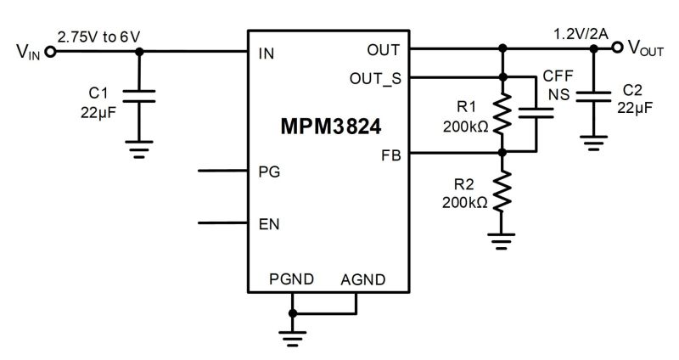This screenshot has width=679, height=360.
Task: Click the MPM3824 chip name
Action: [x=331, y=127]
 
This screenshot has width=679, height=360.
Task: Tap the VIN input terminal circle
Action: [x=51, y=52]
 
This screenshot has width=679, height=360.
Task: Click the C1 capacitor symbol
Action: [x=139, y=96]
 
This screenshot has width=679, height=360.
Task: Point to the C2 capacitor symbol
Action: [x=593, y=97]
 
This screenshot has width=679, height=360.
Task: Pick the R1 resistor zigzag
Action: [x=502, y=114]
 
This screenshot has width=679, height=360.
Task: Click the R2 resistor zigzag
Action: [x=502, y=191]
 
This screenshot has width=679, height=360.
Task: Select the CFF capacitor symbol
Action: [x=536, y=113]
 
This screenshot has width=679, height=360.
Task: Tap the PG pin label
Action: [x=269, y=172]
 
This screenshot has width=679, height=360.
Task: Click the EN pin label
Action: [x=269, y=224]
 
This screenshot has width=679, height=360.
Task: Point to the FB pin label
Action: [x=391, y=155]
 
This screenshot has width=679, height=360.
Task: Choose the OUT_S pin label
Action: [x=375, y=79]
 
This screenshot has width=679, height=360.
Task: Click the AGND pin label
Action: [x=363, y=280]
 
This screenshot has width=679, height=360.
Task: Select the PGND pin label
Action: [x=291, y=279]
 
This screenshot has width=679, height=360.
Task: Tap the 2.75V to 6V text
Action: [x=98, y=37]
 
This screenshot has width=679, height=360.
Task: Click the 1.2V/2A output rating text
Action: [x=581, y=34]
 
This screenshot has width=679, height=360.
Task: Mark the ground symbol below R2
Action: [x=502, y=242]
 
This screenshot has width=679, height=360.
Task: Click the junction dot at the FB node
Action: [x=502, y=153]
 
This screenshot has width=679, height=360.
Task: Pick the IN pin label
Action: [x=267, y=53]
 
